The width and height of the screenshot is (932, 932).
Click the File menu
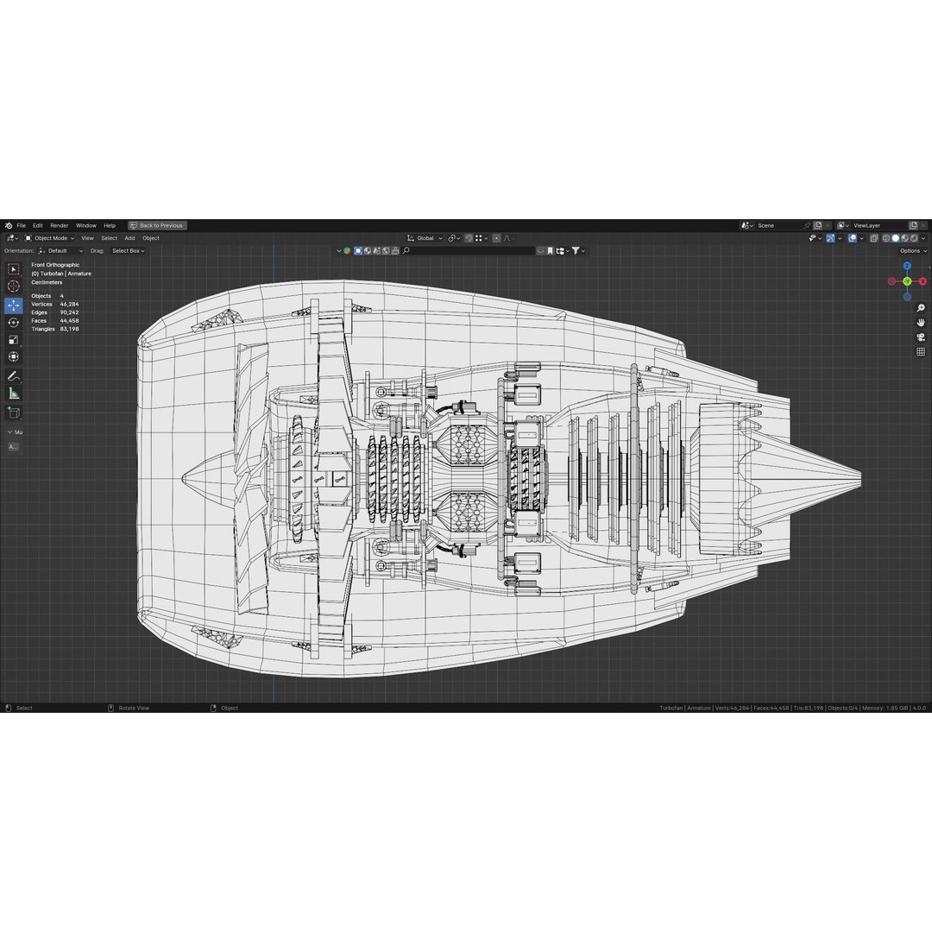click(x=21, y=225)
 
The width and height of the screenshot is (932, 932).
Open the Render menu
click(x=59, y=225)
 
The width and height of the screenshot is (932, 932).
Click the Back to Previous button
click(x=157, y=225)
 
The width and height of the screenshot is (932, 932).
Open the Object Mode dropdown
click(x=50, y=238)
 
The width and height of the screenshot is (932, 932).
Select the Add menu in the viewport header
click(x=129, y=238)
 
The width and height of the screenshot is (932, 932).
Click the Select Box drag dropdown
click(x=128, y=251)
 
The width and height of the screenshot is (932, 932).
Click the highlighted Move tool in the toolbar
click(x=14, y=305)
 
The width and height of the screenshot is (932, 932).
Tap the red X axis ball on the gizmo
click(x=923, y=281)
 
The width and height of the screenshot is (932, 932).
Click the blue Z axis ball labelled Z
click(x=907, y=266)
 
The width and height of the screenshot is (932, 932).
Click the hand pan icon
click(x=921, y=323)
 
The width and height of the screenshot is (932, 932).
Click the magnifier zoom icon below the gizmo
click(x=921, y=308)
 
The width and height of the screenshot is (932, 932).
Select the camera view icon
click(x=921, y=337)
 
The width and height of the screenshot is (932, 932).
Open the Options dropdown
click(x=911, y=251)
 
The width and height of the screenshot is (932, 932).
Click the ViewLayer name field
click(x=876, y=225)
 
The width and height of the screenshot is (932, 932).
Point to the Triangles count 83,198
click(x=69, y=329)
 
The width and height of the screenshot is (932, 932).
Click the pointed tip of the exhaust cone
click(x=860, y=475)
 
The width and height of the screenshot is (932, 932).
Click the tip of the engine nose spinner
click(x=183, y=475)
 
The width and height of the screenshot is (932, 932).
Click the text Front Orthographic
click(x=55, y=265)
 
